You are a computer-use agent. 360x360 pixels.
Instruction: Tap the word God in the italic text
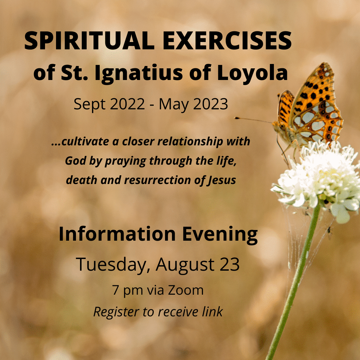(74, 161)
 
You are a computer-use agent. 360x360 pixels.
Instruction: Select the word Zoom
(186, 290)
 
